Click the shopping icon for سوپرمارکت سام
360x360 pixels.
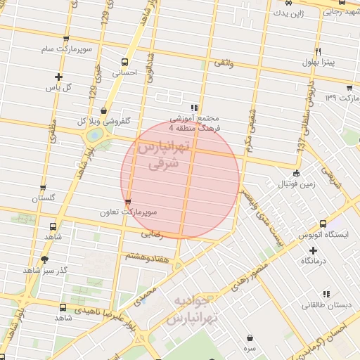[66, 39]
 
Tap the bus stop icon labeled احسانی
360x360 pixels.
[124, 61]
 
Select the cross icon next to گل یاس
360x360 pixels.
[58, 77]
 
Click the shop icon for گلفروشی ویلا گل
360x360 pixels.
[104, 110]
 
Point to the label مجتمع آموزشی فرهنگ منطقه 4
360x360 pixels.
[195, 124]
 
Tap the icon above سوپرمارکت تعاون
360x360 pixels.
[127, 202]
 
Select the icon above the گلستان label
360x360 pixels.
[44, 188]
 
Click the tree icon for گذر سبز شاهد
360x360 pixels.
[44, 259]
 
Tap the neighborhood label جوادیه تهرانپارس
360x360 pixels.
[192, 310]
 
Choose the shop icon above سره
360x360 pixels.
[250, 337]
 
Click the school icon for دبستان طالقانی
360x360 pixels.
[326, 294]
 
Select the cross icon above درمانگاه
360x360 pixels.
[314, 250]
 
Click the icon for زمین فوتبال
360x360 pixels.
[296, 172]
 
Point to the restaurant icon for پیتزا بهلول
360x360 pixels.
[319, 52]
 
